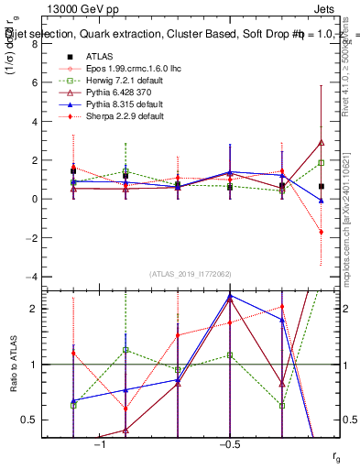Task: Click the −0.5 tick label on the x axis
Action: coord(229,444)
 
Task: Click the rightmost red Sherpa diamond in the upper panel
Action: coord(322,232)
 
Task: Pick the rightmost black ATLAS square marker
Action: coord(322,186)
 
